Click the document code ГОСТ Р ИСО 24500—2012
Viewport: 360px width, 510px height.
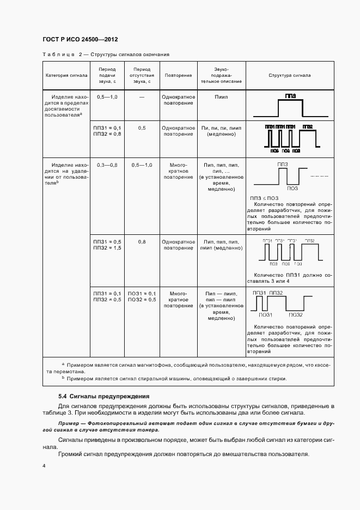coord(80,40)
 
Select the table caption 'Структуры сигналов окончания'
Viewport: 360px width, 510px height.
coord(130,54)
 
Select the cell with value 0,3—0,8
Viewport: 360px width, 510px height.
coord(107,165)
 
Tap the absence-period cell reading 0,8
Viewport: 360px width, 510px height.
coord(142,241)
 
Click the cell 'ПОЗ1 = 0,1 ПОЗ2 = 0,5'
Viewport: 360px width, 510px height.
coord(142,296)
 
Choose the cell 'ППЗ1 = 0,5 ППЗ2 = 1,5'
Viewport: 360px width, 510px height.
coord(107,244)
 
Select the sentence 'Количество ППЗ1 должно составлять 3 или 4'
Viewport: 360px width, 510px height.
coord(289,278)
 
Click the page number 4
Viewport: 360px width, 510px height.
coord(44,466)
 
